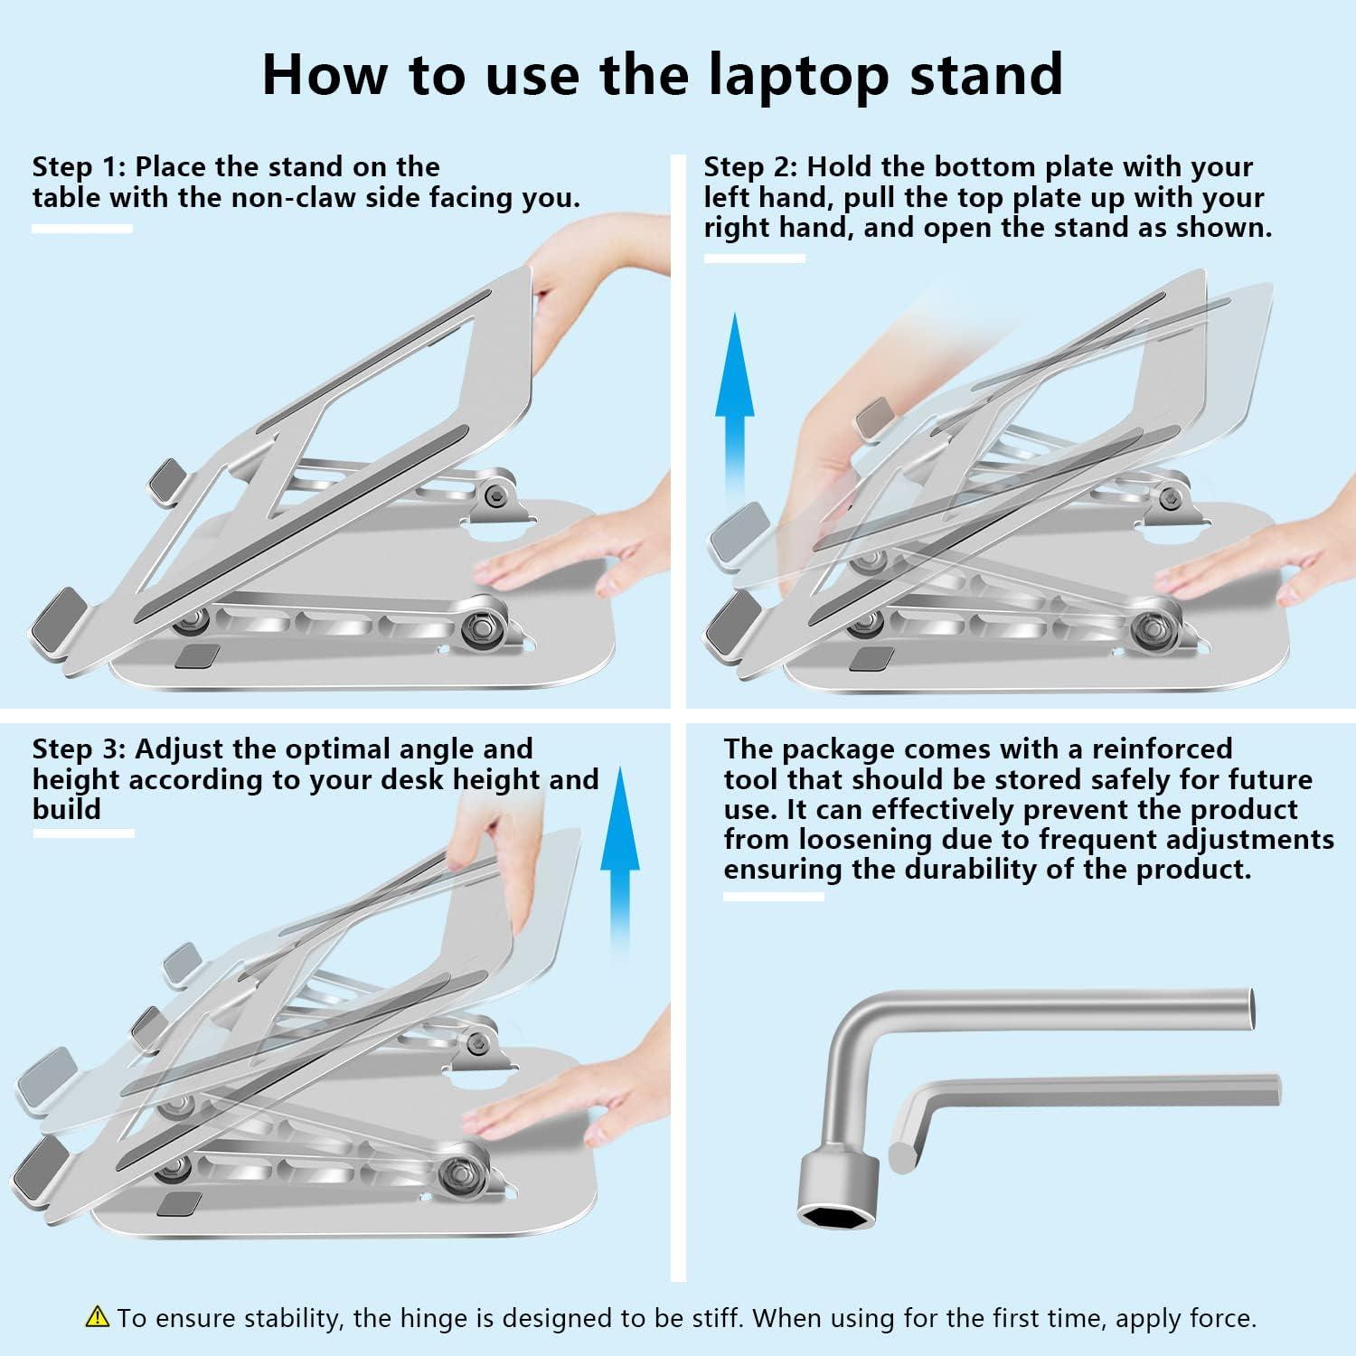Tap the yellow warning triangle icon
(98, 1317)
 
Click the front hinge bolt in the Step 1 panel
(479, 629)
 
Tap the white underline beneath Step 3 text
(83, 833)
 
